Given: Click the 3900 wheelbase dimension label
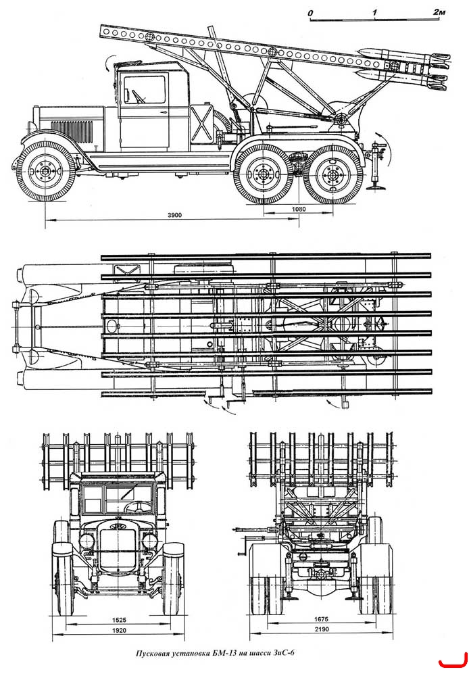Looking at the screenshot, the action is point(175,215).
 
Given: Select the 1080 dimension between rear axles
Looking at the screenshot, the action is point(298,209).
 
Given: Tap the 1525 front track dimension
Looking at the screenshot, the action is point(119,620).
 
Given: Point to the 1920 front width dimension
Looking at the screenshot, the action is point(119,630).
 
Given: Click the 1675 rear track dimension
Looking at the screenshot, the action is point(321,619).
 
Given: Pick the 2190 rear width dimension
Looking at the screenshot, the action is point(322,629).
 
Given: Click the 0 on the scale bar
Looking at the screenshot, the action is point(310,13).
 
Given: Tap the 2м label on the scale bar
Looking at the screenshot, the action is point(439,11).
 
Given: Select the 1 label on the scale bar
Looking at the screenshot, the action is point(374,12).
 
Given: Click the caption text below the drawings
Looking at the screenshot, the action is point(216,653).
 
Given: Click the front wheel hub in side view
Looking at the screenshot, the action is point(46,170).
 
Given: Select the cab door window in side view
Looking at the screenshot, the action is point(145,89).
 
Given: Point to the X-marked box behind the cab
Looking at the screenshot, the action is point(202,124).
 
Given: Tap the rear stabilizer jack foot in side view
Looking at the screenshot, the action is point(376,187).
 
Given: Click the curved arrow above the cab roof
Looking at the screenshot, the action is point(108,62).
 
